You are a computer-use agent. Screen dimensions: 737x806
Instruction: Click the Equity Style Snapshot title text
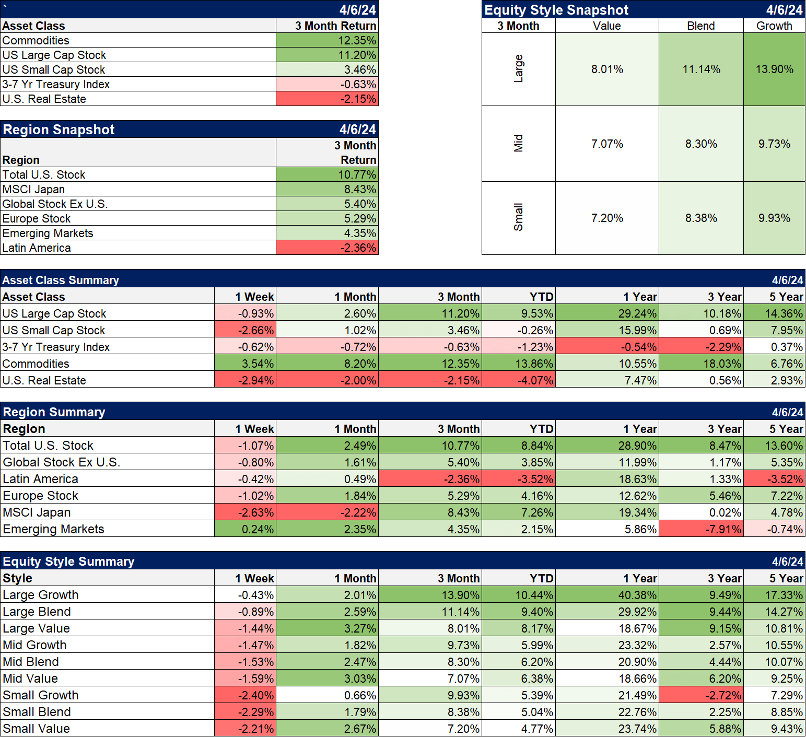pyautogui.click(x=556, y=10)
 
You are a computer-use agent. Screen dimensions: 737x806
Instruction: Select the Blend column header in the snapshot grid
pyautogui.click(x=700, y=26)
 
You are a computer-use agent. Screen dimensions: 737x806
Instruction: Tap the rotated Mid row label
pyautogui.click(x=518, y=144)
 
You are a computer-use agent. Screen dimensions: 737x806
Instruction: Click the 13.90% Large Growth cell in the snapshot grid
pyautogui.click(x=774, y=69)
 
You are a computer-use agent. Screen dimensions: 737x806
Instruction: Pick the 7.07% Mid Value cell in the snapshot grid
pyautogui.click(x=607, y=144)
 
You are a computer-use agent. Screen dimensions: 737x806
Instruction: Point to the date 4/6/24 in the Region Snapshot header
pyautogui.click(x=357, y=130)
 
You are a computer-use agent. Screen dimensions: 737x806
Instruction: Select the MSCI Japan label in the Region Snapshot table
pyautogui.click(x=34, y=189)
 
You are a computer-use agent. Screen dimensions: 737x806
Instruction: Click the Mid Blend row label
pyautogui.click(x=31, y=662)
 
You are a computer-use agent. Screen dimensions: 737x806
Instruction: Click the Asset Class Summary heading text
pyautogui.click(x=61, y=280)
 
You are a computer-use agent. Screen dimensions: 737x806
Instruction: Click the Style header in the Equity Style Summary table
pyautogui.click(x=18, y=578)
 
